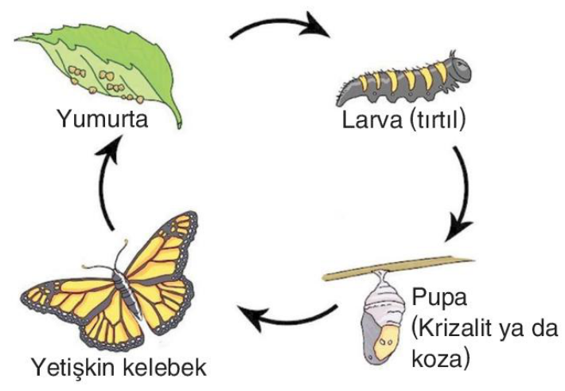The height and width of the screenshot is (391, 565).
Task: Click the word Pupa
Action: point(437,299)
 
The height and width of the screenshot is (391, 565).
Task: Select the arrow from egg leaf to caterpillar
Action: point(279,28)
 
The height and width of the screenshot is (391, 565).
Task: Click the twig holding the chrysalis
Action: point(398,267)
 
